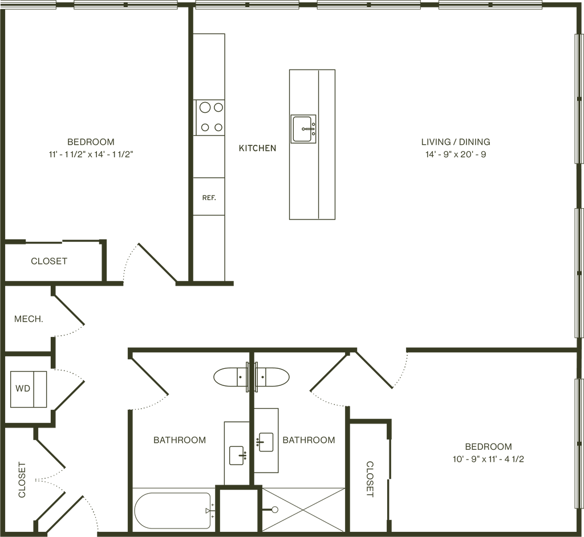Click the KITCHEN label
(x=257, y=148)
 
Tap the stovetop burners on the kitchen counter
(x=209, y=117)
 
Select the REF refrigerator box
(x=209, y=198)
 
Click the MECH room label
(x=29, y=319)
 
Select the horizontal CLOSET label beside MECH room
(x=49, y=262)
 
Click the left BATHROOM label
(x=179, y=440)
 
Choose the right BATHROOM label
(x=309, y=440)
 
